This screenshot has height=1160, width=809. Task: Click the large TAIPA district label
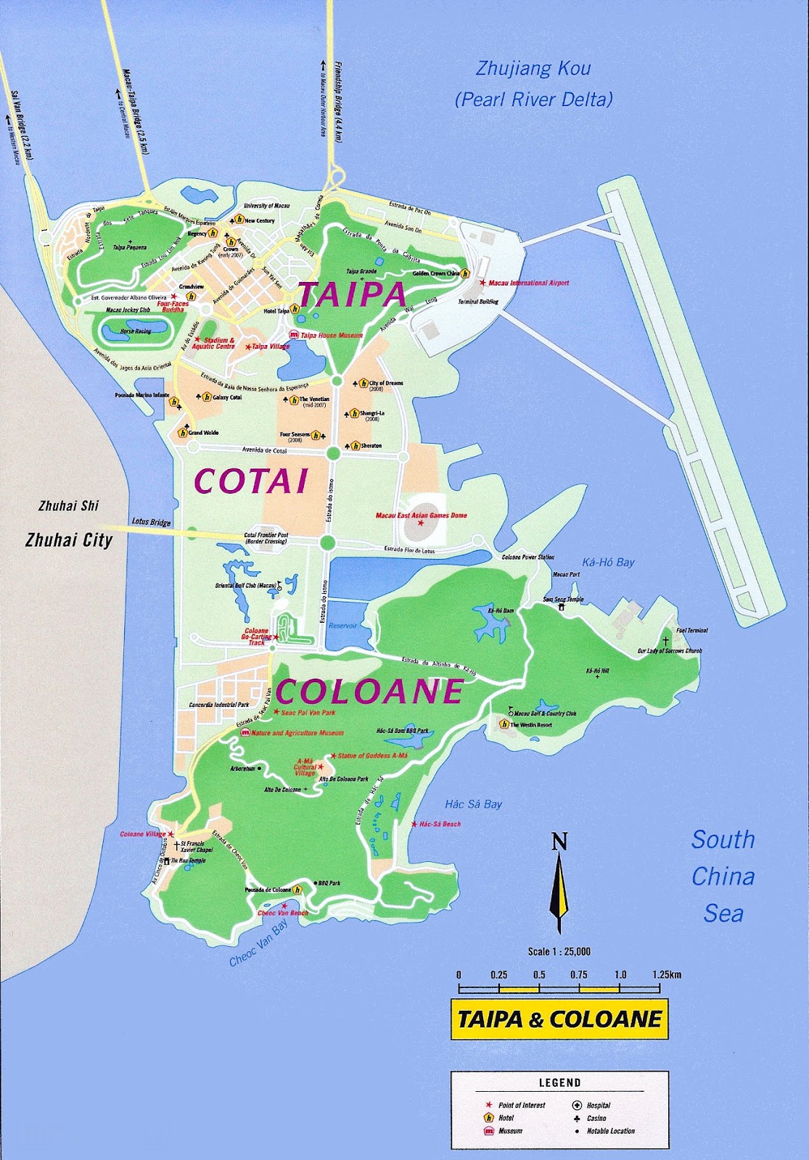(352, 294)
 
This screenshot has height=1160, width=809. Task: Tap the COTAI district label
(251, 481)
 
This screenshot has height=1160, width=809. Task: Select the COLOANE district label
(369, 692)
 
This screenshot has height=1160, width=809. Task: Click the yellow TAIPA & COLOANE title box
(559, 1019)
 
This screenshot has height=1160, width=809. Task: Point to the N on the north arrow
(559, 842)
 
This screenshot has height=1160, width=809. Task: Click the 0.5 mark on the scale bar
(539, 975)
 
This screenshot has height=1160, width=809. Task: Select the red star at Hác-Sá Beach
(414, 824)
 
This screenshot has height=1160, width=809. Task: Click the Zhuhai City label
(69, 540)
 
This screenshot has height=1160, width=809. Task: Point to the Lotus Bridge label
(151, 522)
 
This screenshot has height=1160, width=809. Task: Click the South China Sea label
(723, 877)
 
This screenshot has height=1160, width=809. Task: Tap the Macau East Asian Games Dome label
(421, 515)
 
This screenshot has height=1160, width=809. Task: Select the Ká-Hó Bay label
(608, 562)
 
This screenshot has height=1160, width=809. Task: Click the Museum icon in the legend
(488, 1131)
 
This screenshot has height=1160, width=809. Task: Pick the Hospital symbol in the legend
(577, 1106)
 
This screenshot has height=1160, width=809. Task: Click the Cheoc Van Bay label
(258, 945)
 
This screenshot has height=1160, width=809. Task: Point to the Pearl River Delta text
(533, 100)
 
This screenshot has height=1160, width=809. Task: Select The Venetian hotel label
(314, 399)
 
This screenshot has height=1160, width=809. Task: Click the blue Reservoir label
(342, 626)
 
